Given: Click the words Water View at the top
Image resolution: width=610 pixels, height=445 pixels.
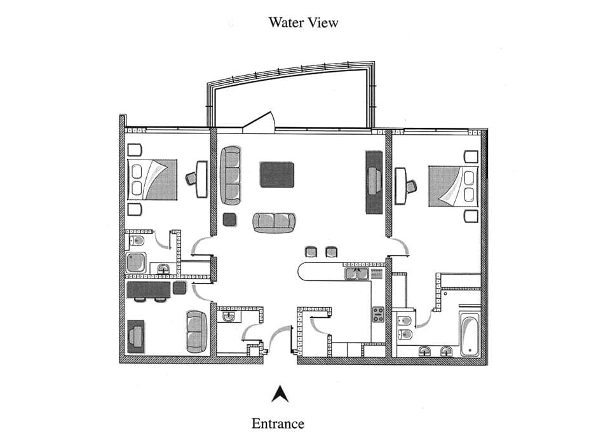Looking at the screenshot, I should click(303, 23).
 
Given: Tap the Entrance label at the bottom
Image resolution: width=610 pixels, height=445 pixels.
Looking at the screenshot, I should click(278, 423).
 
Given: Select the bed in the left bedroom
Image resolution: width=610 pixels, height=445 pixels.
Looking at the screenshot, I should click(152, 180).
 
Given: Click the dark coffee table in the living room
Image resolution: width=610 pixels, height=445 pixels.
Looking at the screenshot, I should click(277, 175).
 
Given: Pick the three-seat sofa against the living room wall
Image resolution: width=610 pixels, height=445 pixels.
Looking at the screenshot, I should click(231, 175).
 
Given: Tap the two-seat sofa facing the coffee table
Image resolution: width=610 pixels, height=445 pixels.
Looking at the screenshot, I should click(274, 222).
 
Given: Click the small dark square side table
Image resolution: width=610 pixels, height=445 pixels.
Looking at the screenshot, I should click(229, 220).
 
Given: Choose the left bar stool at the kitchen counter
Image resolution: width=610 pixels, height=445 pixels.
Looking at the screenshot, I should click(311, 252).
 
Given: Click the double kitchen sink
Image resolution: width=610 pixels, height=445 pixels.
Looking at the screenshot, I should click(356, 274).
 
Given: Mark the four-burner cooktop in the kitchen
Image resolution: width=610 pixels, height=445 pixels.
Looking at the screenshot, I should click(378, 314).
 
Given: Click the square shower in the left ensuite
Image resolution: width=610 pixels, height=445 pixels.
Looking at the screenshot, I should click(136, 263).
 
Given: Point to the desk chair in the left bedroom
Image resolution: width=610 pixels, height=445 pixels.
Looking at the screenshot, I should click(191, 179).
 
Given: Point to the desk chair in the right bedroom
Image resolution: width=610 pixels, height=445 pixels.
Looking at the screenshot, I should click(411, 186).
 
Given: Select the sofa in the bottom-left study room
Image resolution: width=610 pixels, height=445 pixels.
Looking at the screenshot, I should click(196, 331).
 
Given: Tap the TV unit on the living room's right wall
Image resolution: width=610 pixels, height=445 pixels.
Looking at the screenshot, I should click(373, 182).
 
